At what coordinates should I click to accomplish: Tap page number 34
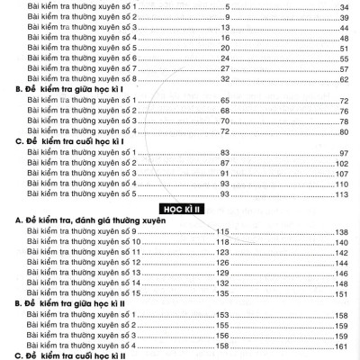point(343,5)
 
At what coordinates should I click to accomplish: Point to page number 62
point(343,79)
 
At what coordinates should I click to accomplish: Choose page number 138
point(341,231)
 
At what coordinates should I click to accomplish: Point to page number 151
point(341,293)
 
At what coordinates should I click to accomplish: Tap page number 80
point(343,132)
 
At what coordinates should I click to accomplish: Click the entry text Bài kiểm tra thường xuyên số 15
point(85,293)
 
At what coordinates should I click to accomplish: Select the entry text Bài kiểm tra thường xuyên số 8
point(83,79)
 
